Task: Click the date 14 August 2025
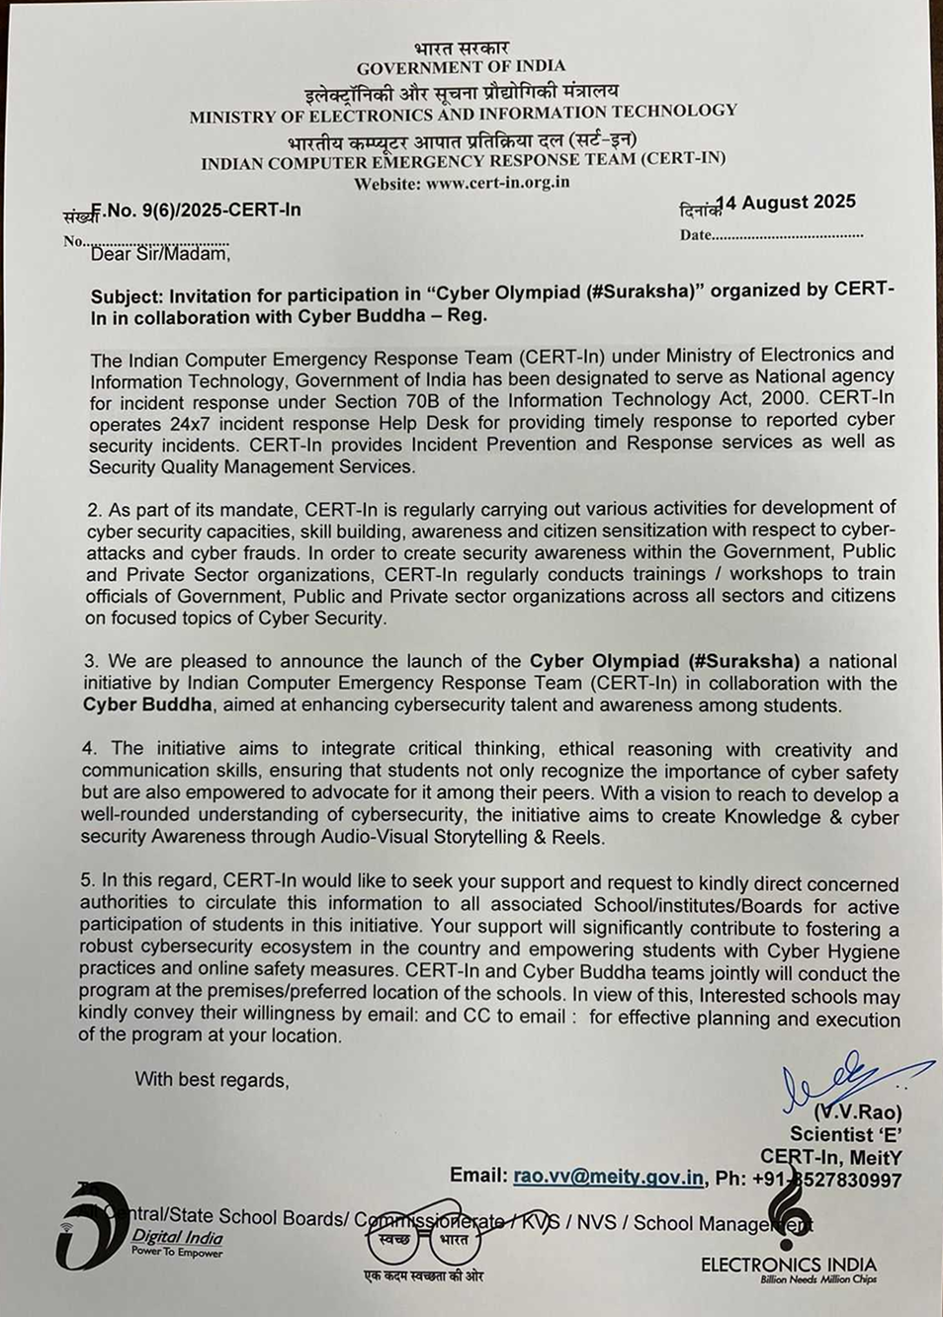pyautogui.click(x=786, y=203)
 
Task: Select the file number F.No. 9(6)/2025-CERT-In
pyautogui.click(x=196, y=209)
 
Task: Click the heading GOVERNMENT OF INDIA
pyautogui.click(x=461, y=67)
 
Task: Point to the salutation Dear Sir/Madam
pyautogui.click(x=160, y=254)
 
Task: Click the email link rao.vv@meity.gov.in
pyautogui.click(x=608, y=1177)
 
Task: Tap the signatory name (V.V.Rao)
pyautogui.click(x=857, y=1112)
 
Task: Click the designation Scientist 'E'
pyautogui.click(x=845, y=1135)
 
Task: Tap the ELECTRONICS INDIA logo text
pyautogui.click(x=788, y=1265)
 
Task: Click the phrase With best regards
pyautogui.click(x=212, y=1079)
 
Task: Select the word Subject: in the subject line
pyautogui.click(x=128, y=294)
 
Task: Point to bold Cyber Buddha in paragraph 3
pyautogui.click(x=147, y=704)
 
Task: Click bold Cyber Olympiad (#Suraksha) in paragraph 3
pyautogui.click(x=668, y=661)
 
